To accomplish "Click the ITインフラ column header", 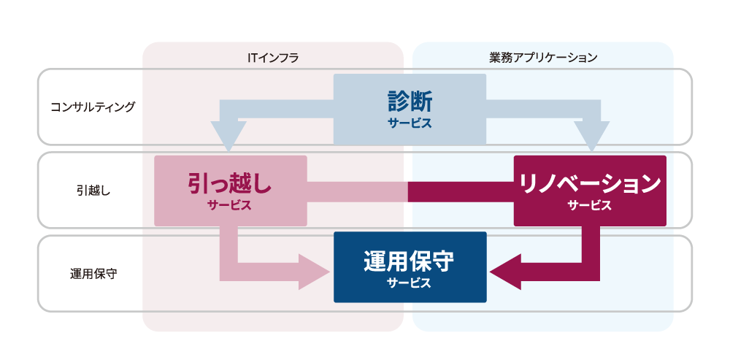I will point(273,57).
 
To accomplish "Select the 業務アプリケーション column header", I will point(543,57).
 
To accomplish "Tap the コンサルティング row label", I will point(93,107).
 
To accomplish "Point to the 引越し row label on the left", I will point(93,190).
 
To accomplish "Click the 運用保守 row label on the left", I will point(93,274).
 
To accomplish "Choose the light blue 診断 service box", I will point(410,109).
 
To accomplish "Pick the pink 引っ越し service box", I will point(230,191).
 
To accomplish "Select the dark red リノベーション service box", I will point(590,191).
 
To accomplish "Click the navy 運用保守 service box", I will point(410,267).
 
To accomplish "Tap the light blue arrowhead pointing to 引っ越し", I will point(228,135).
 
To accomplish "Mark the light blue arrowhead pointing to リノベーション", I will point(591,135).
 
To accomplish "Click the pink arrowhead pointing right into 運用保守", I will point(315,272).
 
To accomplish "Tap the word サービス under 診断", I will point(410,123).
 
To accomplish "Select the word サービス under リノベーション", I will point(590,205).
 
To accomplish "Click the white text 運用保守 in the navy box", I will point(410,260).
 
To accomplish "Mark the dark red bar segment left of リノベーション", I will point(461,191).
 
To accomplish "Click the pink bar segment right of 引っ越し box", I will point(357,191).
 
